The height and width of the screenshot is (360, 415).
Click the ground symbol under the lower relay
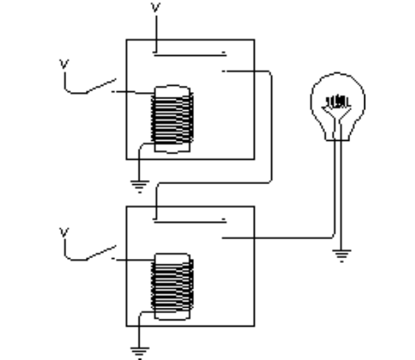point(139,353)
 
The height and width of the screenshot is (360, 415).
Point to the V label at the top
point(156,8)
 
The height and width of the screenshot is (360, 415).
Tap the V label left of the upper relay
point(65,64)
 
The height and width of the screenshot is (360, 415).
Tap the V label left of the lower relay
point(65,231)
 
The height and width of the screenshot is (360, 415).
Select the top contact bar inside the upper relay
point(189,53)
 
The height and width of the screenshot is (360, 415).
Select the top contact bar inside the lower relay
point(189,221)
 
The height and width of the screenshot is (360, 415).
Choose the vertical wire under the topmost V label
point(156,31)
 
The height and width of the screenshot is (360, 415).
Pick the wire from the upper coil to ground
point(140,160)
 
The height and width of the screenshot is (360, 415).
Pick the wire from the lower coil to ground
point(140,328)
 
